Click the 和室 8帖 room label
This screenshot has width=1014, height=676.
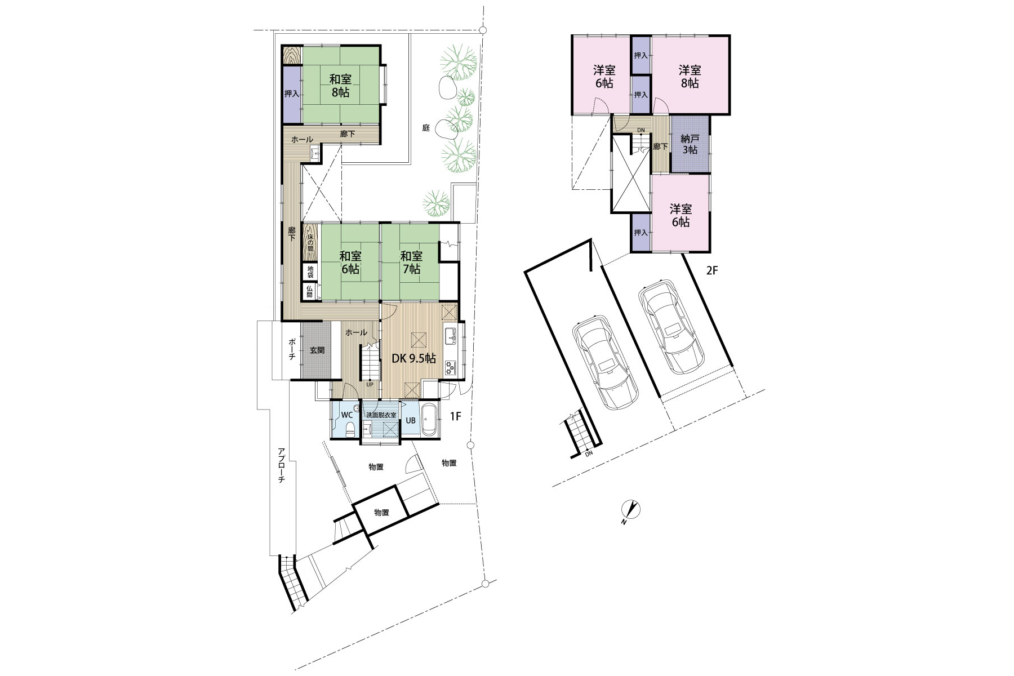[340, 85]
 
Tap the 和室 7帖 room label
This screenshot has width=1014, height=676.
[411, 263]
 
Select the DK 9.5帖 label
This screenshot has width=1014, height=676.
[413, 358]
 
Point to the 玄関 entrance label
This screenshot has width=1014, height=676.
[317, 350]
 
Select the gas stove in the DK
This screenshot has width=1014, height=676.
[450, 367]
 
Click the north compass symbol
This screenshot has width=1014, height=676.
[631, 510]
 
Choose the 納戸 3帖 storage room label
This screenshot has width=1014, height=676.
[690, 144]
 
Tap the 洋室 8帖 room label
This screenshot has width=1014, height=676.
[690, 77]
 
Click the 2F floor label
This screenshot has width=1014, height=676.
[713, 270]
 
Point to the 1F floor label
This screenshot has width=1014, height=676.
[456, 417]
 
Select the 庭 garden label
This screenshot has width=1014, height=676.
[426, 128]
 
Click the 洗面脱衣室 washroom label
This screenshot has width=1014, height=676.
[381, 415]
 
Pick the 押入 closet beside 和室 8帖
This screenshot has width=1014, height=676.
[291, 94]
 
